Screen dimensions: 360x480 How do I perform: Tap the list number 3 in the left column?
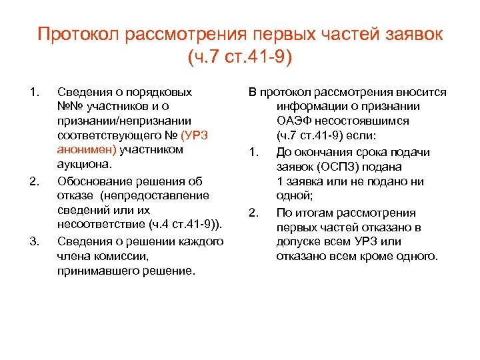pyautogui.click(x=35, y=241)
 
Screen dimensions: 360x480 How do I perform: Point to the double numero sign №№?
pyautogui.click(x=69, y=105)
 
